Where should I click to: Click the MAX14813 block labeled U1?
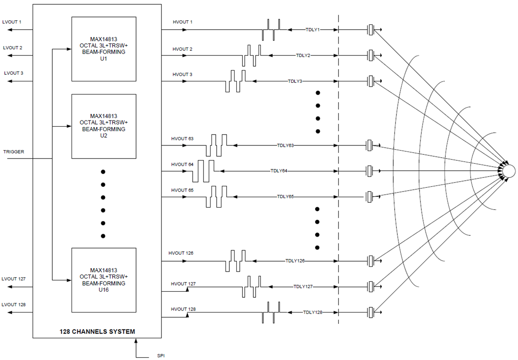pos(104,49)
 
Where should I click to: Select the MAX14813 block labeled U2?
pos(104,126)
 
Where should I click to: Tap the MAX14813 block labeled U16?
pos(104,280)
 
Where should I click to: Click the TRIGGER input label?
pos(14,152)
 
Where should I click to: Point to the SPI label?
pos(161,356)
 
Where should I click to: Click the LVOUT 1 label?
pos(12,22)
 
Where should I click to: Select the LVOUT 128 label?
pos(14,304)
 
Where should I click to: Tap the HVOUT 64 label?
pos(182,165)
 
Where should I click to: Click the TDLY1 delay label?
pos(313,30)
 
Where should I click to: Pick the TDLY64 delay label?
pos(279,171)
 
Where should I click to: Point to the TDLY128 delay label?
pos(313,312)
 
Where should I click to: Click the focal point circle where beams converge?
pos(509,170)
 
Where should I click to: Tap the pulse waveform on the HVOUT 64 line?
pos(203,171)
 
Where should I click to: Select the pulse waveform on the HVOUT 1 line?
pos(271,30)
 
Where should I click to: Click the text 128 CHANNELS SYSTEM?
pos(97,332)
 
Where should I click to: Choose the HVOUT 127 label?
pos(183,284)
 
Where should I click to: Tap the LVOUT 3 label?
pos(14,73)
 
